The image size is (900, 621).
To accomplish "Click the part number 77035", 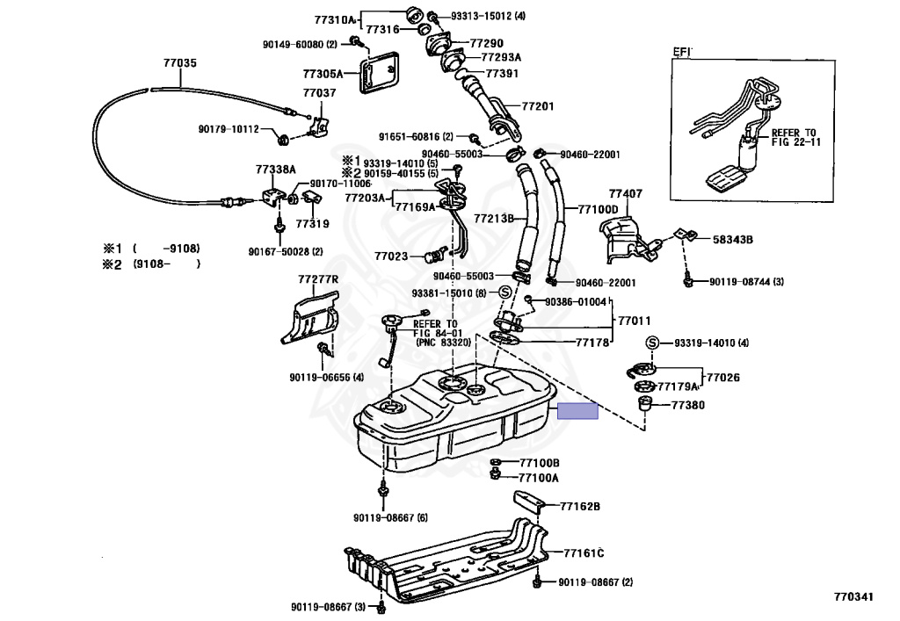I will [x=180, y=63].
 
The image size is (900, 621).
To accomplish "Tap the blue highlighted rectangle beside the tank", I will [x=579, y=410].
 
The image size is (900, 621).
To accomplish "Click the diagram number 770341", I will [x=854, y=597].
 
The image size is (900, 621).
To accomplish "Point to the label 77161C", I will [x=584, y=552].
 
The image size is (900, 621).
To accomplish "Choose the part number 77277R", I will [x=317, y=279].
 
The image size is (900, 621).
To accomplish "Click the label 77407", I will [x=625, y=193].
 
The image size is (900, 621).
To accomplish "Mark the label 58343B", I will [x=733, y=238].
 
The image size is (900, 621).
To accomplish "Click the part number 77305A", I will [x=323, y=74].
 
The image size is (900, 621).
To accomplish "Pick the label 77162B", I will [x=581, y=506].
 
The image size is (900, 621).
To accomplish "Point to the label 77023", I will [x=391, y=256].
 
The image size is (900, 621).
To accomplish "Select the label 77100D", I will [x=598, y=209].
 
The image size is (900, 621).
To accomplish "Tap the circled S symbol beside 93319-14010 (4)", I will [x=652, y=343].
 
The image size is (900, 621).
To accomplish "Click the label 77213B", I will [x=494, y=216].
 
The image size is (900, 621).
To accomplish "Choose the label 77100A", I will [x=539, y=478].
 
